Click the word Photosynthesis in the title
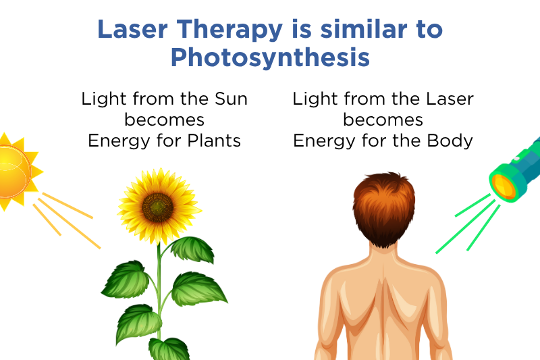pyautogui.click(x=270, y=57)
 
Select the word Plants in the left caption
pyautogui.click(x=215, y=140)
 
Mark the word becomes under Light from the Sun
pyautogui.click(x=165, y=120)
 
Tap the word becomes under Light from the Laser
pyautogui.click(x=383, y=120)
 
